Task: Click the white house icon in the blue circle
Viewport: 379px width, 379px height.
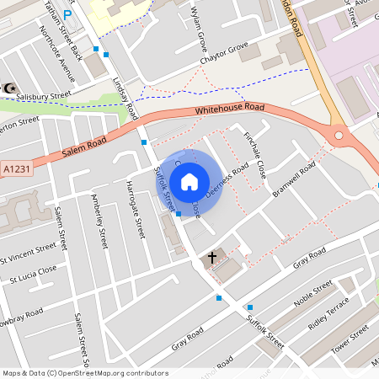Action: click(189, 182)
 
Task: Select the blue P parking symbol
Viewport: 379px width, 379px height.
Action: click(67, 14)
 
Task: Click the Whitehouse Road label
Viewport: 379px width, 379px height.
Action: click(229, 109)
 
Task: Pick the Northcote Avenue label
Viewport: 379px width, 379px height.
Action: click(58, 54)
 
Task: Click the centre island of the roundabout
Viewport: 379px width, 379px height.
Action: click(339, 134)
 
